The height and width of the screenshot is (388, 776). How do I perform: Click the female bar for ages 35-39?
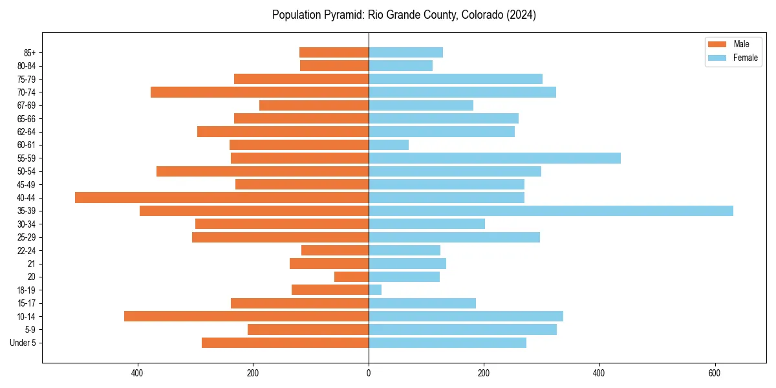coord(550,211)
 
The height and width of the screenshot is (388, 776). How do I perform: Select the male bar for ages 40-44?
coord(222,197)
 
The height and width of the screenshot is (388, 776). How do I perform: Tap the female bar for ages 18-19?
coord(375,290)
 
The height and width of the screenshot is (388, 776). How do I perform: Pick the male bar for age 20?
coord(351,277)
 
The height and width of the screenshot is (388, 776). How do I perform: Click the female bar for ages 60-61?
coord(389,145)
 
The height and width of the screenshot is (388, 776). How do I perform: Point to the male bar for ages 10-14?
coord(246,316)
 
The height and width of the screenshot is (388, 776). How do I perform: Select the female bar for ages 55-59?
coord(495,158)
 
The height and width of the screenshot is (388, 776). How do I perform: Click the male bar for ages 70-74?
coord(259,92)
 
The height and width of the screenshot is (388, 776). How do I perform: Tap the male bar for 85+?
coord(334,52)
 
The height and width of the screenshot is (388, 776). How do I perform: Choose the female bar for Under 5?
coord(447,343)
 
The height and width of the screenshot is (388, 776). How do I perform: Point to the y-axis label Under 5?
coord(23,343)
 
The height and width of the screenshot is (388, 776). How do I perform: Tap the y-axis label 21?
coord(32,264)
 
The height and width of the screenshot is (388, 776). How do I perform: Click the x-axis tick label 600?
coord(715,372)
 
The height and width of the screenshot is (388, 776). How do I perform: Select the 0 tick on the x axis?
coord(369,372)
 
